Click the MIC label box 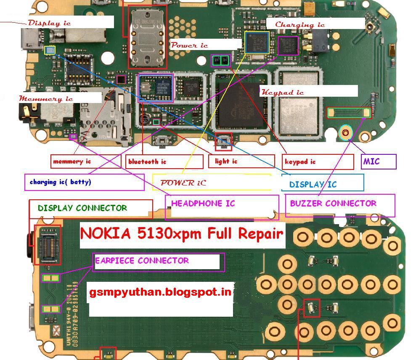coord(379,161)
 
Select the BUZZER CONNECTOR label coord(333,204)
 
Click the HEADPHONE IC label coord(203,204)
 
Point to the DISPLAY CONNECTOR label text coord(82,208)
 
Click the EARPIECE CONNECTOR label coord(142,261)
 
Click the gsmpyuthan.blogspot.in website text coord(160,292)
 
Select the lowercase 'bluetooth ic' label coord(147,161)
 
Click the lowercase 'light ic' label coord(226,161)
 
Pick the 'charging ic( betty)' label coord(60,182)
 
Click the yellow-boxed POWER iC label coord(183,183)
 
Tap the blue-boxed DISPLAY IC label coord(313,184)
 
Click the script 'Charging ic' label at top coord(300,24)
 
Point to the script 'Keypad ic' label coord(282,92)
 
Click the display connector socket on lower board coord(47,244)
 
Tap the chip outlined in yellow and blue coord(257,42)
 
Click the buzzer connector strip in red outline coord(349,113)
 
